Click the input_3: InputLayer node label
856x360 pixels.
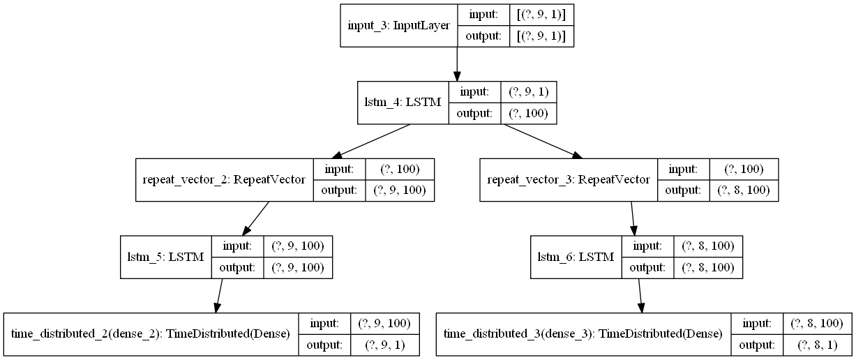click(398, 26)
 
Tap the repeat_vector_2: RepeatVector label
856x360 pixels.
click(225, 180)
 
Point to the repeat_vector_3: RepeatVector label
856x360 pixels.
click(568, 180)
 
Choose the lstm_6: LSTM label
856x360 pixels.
click(576, 257)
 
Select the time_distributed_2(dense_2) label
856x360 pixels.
click(151, 334)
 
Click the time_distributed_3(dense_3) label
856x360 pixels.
click(583, 334)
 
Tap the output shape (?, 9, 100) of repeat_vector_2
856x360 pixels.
click(400, 191)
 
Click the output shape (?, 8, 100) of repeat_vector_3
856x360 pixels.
click(743, 191)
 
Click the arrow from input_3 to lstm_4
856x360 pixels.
click(457, 64)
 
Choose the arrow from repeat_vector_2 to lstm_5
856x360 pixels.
click(255, 218)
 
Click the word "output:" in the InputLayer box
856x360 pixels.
click(483, 36)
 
